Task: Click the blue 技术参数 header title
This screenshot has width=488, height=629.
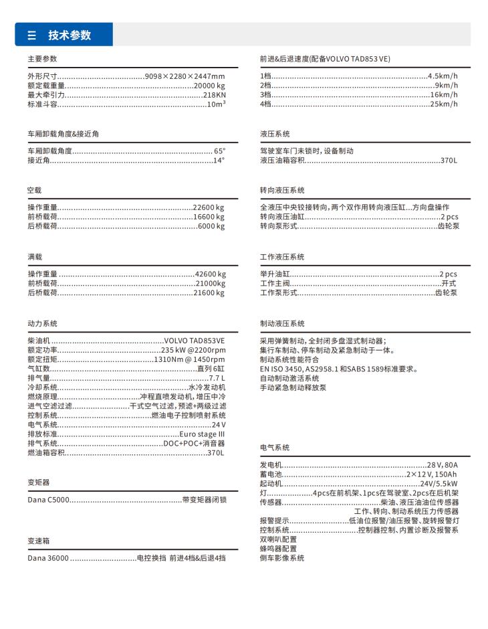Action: click(x=69, y=35)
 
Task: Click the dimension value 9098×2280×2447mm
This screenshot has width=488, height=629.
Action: click(x=185, y=76)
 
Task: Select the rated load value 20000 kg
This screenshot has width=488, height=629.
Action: click(x=209, y=86)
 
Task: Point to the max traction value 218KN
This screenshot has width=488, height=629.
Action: click(x=214, y=95)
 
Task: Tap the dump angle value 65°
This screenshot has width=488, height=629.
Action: click(x=219, y=151)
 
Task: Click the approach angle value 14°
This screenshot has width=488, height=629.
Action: click(x=219, y=161)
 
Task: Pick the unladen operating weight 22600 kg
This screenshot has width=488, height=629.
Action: click(x=209, y=208)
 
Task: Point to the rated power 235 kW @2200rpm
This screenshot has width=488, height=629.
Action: click(x=193, y=350)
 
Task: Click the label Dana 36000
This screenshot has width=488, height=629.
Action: click(x=48, y=557)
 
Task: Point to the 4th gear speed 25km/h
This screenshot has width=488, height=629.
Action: click(x=444, y=104)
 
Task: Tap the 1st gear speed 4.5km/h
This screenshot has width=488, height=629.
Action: click(x=443, y=76)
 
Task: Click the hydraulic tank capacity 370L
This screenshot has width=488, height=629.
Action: click(x=449, y=161)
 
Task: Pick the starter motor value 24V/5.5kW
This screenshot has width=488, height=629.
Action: click(x=438, y=483)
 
